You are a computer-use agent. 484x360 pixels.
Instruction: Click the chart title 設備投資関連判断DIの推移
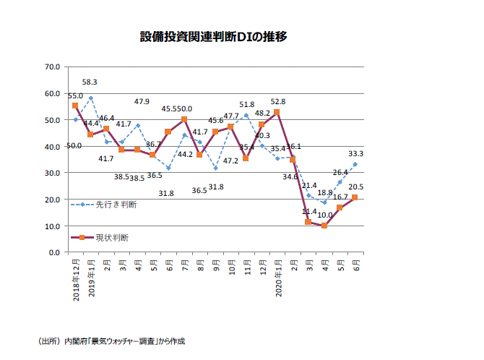click(x=214, y=35)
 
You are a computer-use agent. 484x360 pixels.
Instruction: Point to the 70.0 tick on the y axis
click(x=51, y=67)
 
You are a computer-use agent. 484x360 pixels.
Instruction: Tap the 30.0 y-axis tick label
click(x=51, y=173)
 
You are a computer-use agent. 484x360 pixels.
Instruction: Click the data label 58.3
click(x=90, y=83)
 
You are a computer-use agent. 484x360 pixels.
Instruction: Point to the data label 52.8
click(x=277, y=102)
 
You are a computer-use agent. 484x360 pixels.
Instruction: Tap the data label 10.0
click(x=325, y=215)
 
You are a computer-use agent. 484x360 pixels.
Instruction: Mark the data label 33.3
click(x=355, y=154)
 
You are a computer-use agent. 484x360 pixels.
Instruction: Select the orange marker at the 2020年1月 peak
click(x=277, y=112)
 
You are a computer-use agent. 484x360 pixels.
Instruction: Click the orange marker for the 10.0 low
click(x=324, y=226)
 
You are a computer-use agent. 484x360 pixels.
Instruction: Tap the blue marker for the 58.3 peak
click(x=90, y=98)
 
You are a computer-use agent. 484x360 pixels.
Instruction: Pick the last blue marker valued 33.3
click(x=355, y=164)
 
